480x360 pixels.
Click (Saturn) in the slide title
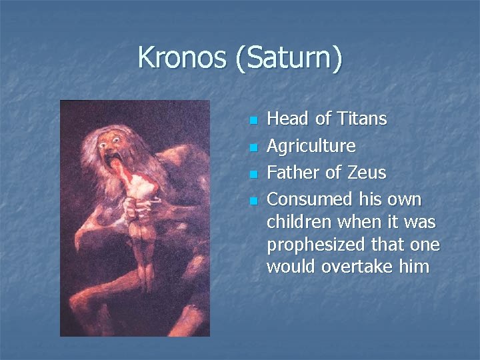(288, 58)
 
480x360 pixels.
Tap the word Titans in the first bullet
(360, 119)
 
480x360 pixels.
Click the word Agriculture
(311, 146)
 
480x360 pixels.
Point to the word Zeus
(367, 173)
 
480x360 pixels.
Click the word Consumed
(310, 199)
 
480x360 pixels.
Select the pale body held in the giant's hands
(143, 220)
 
